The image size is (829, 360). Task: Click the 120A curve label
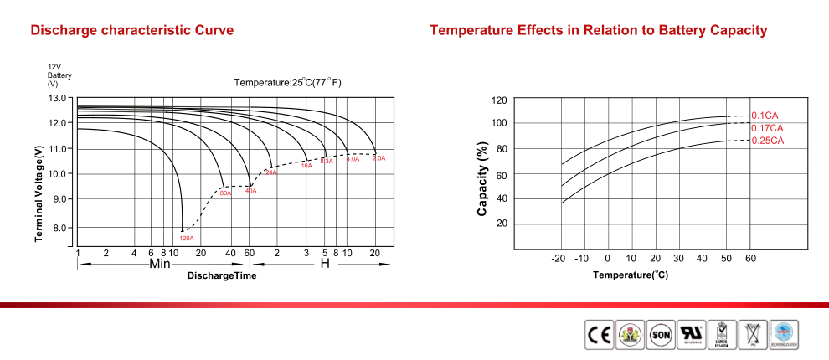point(186,239)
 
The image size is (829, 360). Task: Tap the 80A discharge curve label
point(225,193)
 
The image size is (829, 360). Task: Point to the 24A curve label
point(270,172)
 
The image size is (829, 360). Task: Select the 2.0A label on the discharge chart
point(378,157)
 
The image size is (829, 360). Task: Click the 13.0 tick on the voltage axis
point(58,99)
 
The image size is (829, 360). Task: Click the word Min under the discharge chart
point(160,264)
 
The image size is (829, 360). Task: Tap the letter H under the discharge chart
point(325,264)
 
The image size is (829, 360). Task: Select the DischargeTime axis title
point(222,276)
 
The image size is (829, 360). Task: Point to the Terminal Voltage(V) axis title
point(39,193)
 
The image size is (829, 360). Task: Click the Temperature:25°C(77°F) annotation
point(287,82)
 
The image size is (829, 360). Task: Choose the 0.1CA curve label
point(765,116)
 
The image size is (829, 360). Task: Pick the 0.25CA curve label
point(767,141)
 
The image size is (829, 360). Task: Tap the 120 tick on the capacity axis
point(499,100)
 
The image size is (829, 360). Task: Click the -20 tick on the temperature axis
point(559,258)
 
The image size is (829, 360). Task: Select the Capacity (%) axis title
point(482,179)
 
